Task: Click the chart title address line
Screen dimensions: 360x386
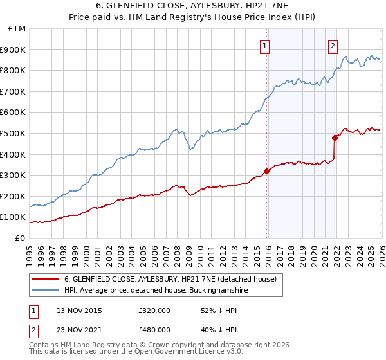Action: [193, 6]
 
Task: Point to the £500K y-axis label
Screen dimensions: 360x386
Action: [15, 134]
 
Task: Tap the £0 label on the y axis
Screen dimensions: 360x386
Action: [21, 239]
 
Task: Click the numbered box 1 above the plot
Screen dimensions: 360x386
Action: [265, 46]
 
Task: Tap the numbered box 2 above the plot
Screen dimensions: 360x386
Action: [333, 46]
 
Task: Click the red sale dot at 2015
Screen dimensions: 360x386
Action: [266, 171]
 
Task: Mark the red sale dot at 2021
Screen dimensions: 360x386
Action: [335, 138]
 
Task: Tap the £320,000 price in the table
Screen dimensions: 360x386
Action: [154, 310]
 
